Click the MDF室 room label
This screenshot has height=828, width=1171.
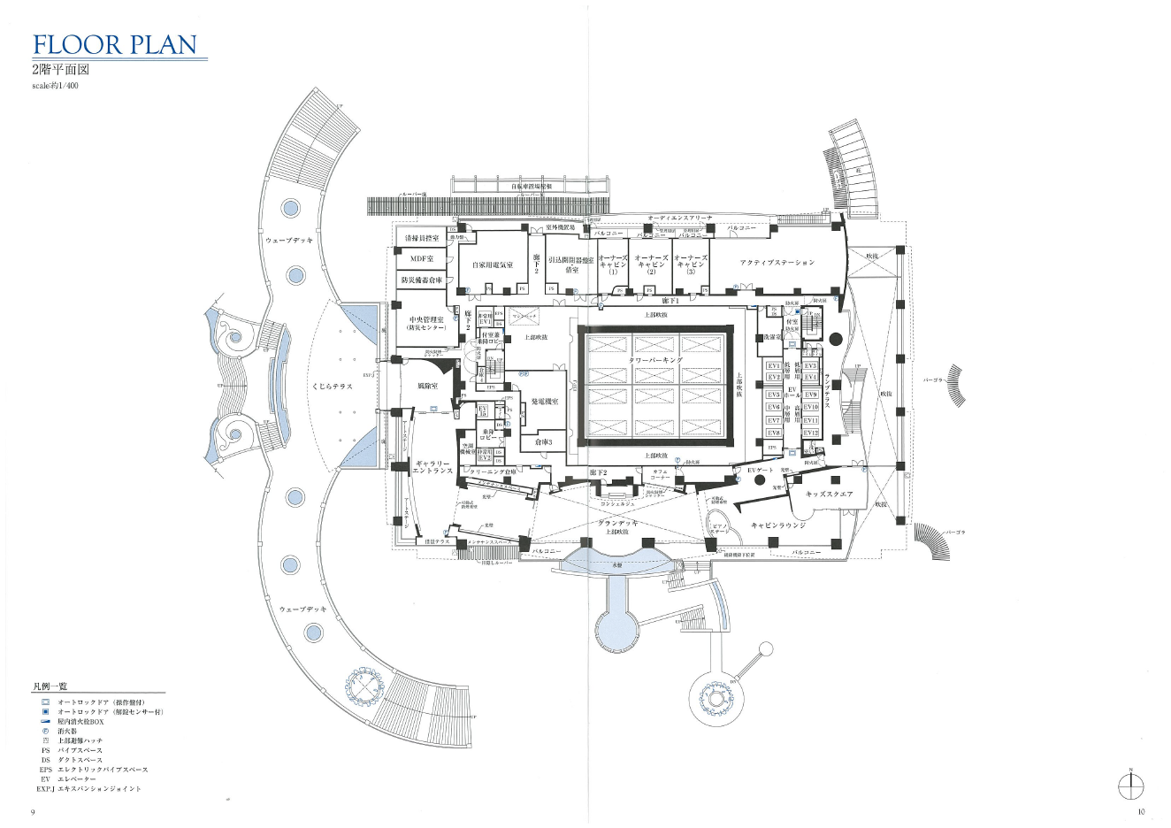422,259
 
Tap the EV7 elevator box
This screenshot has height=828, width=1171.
774,420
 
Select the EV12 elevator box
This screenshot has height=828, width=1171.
811,433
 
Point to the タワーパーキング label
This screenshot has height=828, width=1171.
655,361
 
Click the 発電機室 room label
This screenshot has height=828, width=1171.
544,402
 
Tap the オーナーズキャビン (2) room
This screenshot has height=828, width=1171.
651,264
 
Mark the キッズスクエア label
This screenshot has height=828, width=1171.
829,494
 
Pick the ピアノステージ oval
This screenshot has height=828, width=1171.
719,529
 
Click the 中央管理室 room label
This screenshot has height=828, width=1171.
422,323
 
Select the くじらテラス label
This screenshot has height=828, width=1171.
332,387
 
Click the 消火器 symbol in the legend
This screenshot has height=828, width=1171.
46,731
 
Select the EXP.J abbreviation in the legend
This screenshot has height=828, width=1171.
46,788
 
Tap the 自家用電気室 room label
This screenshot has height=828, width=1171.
492,264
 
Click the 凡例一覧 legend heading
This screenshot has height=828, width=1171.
50,686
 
